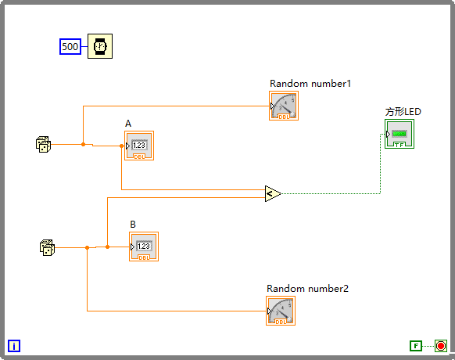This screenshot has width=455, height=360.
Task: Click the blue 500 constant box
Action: [70, 47]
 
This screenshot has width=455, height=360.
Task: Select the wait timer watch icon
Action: [99, 47]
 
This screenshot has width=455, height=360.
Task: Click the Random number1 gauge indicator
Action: [283, 106]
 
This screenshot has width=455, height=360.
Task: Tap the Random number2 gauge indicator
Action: [280, 311]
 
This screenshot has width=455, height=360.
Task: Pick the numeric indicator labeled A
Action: [138, 146]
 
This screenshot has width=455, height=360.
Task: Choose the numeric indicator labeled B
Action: [143, 247]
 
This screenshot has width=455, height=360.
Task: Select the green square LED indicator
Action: [399, 134]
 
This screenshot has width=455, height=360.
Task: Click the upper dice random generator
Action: [44, 144]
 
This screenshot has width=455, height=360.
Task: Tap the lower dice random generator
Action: [47, 248]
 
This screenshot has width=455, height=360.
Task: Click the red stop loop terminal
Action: [440, 346]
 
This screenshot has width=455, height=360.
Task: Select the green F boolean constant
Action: [416, 346]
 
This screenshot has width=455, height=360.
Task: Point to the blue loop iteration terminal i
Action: [14, 346]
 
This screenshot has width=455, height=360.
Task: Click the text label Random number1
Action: [304, 84]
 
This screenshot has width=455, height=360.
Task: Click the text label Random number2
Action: [307, 289]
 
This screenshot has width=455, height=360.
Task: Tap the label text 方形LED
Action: [403, 112]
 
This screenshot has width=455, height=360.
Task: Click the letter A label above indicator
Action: [128, 124]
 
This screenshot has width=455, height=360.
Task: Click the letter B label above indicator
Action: [133, 225]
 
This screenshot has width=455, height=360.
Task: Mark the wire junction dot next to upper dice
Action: [83, 144]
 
